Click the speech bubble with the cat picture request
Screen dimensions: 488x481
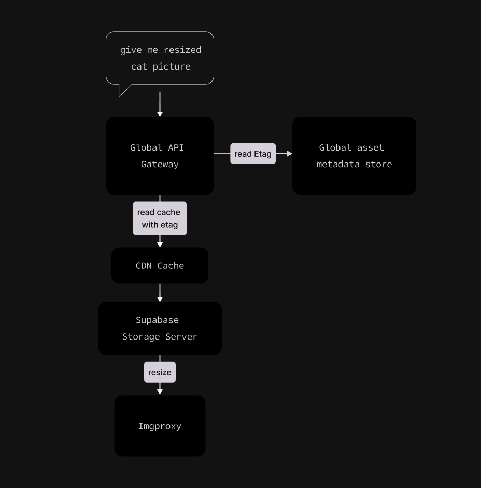(160, 58)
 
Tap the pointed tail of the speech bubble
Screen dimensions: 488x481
(123, 91)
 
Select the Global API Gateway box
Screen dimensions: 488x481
(160, 156)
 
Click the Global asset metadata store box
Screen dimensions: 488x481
(354, 156)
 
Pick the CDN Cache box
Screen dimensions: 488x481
(160, 265)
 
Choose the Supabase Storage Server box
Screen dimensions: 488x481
(160, 328)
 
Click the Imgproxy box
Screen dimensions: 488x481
(160, 426)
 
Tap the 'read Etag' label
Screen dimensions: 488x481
(253, 154)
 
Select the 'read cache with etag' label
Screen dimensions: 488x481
(160, 219)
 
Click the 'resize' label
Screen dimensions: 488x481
(160, 372)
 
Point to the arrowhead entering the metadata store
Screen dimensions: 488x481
(289, 154)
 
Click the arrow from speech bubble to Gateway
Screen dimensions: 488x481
(160, 104)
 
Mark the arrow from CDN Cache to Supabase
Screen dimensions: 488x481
(160, 292)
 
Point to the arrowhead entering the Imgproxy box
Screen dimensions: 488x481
(160, 391)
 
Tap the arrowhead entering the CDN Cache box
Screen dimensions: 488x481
(160, 244)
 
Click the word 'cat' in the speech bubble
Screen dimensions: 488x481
(139, 66)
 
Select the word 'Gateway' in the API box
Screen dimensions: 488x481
(160, 164)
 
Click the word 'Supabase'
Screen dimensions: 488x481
(157, 320)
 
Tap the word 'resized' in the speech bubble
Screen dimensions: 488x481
(182, 50)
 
